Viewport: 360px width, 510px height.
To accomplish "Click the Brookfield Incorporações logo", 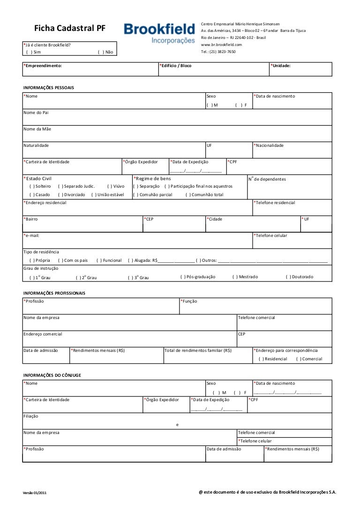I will (x=159, y=33).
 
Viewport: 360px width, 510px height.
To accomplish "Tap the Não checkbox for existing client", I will (x=100, y=52).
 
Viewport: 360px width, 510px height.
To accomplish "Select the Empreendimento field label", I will (x=43, y=66).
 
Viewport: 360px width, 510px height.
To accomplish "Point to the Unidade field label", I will (x=281, y=66).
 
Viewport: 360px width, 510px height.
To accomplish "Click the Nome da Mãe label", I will (x=37, y=129).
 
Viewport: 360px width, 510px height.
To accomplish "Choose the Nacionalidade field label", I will (x=269, y=145).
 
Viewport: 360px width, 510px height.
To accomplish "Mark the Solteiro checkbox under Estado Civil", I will (x=31, y=186).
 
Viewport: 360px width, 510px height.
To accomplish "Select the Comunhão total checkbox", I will (x=187, y=195).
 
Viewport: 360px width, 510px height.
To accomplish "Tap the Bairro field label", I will (x=31, y=219).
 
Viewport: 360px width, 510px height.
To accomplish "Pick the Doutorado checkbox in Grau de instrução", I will (x=288, y=277).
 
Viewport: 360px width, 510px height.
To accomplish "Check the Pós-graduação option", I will (x=183, y=277).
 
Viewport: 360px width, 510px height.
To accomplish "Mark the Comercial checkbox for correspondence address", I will (x=299, y=359).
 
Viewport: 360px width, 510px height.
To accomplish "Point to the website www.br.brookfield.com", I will (x=221, y=45).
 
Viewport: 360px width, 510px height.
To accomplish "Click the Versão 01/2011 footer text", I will (x=35, y=493).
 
